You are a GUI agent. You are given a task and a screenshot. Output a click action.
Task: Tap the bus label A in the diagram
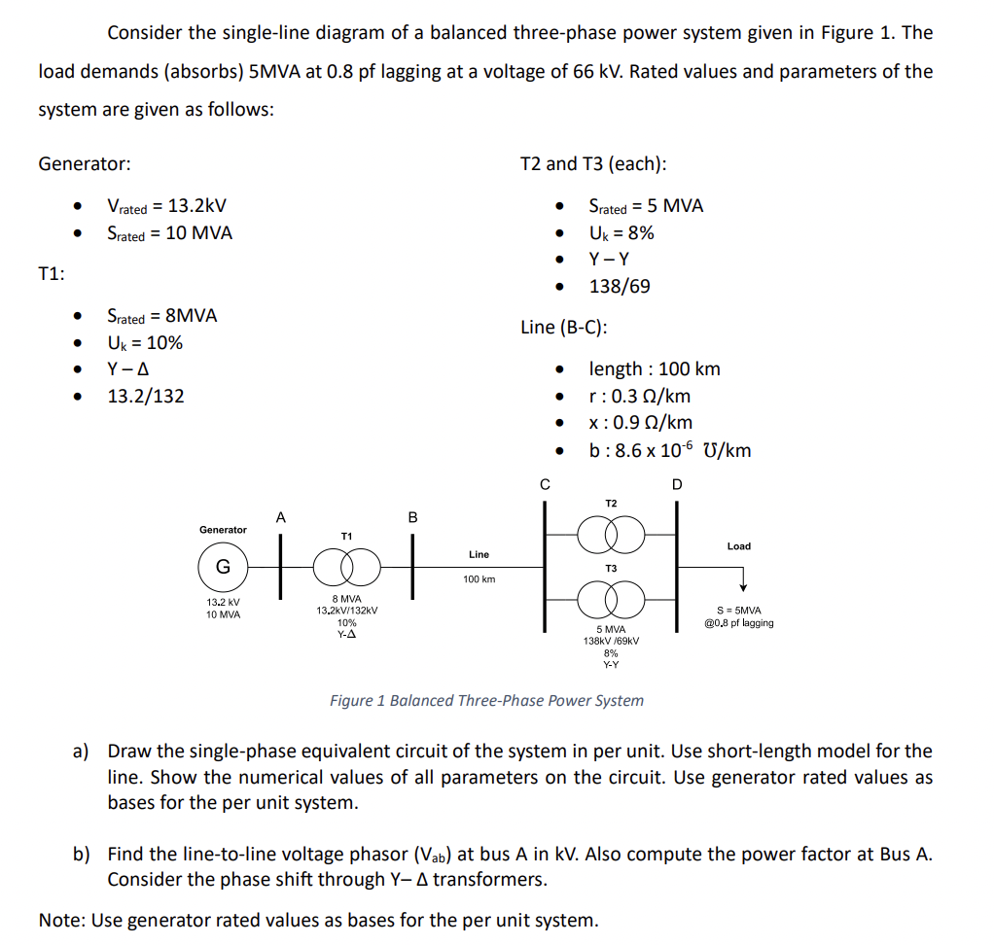pyautogui.click(x=280, y=518)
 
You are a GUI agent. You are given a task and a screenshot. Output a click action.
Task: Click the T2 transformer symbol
pyautogui.click(x=610, y=532)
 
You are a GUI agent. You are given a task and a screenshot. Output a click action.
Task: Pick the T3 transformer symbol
pyautogui.click(x=610, y=595)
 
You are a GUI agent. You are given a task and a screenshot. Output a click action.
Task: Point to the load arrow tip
pyautogui.click(x=743, y=586)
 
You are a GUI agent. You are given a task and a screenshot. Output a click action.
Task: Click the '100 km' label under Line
pyautogui.click(x=479, y=579)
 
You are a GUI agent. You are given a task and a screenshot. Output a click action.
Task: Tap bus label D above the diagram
pyautogui.click(x=677, y=484)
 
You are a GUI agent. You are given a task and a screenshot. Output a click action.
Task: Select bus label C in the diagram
pyautogui.click(x=545, y=484)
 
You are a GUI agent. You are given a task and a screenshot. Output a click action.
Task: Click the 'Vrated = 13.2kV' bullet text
pyautogui.click(x=167, y=206)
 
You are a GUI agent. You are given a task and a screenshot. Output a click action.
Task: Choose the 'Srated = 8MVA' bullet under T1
pyautogui.click(x=161, y=316)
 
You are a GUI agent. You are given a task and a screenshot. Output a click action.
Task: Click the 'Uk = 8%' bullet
pyautogui.click(x=621, y=233)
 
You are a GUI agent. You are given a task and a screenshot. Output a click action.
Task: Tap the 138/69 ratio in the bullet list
pyautogui.click(x=620, y=287)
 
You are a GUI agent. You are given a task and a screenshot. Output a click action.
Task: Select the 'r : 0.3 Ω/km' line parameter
pyautogui.click(x=640, y=396)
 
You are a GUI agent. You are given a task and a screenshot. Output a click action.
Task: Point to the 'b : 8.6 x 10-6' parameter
pyautogui.click(x=669, y=450)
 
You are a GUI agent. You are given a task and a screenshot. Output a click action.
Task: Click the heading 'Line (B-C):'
pyautogui.click(x=564, y=328)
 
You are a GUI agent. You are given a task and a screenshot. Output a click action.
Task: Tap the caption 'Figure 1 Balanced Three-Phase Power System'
pyautogui.click(x=486, y=700)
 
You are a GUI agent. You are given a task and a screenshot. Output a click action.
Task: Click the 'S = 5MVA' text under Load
pyautogui.click(x=738, y=610)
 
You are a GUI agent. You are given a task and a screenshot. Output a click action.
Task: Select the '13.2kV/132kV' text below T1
pyautogui.click(x=346, y=611)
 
